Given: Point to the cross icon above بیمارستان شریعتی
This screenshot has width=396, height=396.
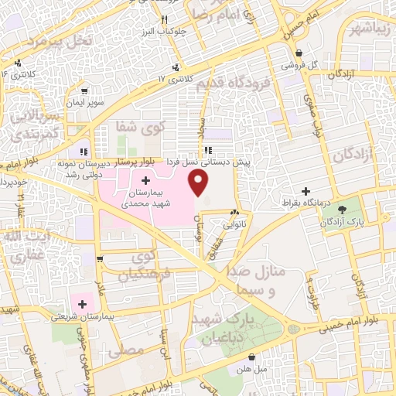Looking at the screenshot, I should [83, 304].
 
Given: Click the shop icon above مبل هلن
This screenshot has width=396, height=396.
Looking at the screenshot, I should [254, 356].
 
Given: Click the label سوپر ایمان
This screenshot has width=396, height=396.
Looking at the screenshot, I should [83, 101].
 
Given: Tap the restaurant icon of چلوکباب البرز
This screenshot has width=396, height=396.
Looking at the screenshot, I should [164, 19].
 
